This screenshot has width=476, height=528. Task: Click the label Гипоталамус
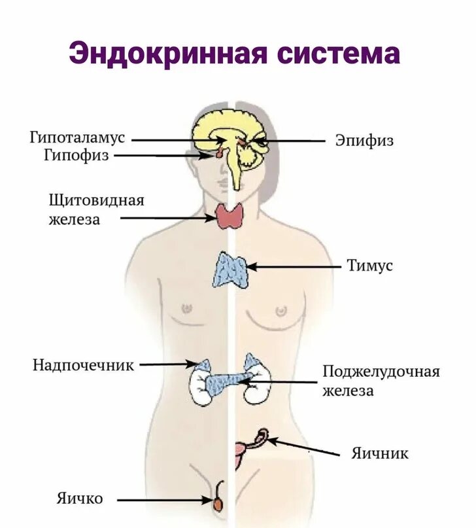[x=76, y=138]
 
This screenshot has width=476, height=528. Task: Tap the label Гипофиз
[x=76, y=156]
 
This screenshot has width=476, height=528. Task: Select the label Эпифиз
[x=364, y=140]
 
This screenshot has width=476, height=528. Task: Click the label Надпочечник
[x=83, y=364]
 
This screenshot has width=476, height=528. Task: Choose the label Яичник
[x=379, y=452]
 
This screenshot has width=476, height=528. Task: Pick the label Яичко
[x=79, y=499]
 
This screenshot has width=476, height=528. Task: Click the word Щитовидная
[x=96, y=200]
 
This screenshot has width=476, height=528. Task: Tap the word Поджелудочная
[x=381, y=372]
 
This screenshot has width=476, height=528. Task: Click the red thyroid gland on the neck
[x=229, y=216]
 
